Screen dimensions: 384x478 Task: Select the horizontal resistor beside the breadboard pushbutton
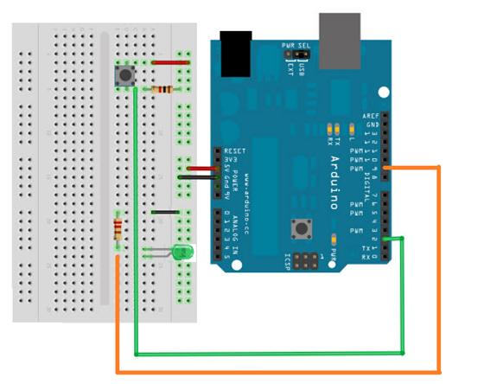161,90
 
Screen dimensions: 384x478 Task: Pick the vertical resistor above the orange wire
118,230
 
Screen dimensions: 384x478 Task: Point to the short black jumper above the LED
165,211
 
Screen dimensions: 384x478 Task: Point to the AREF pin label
370,115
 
